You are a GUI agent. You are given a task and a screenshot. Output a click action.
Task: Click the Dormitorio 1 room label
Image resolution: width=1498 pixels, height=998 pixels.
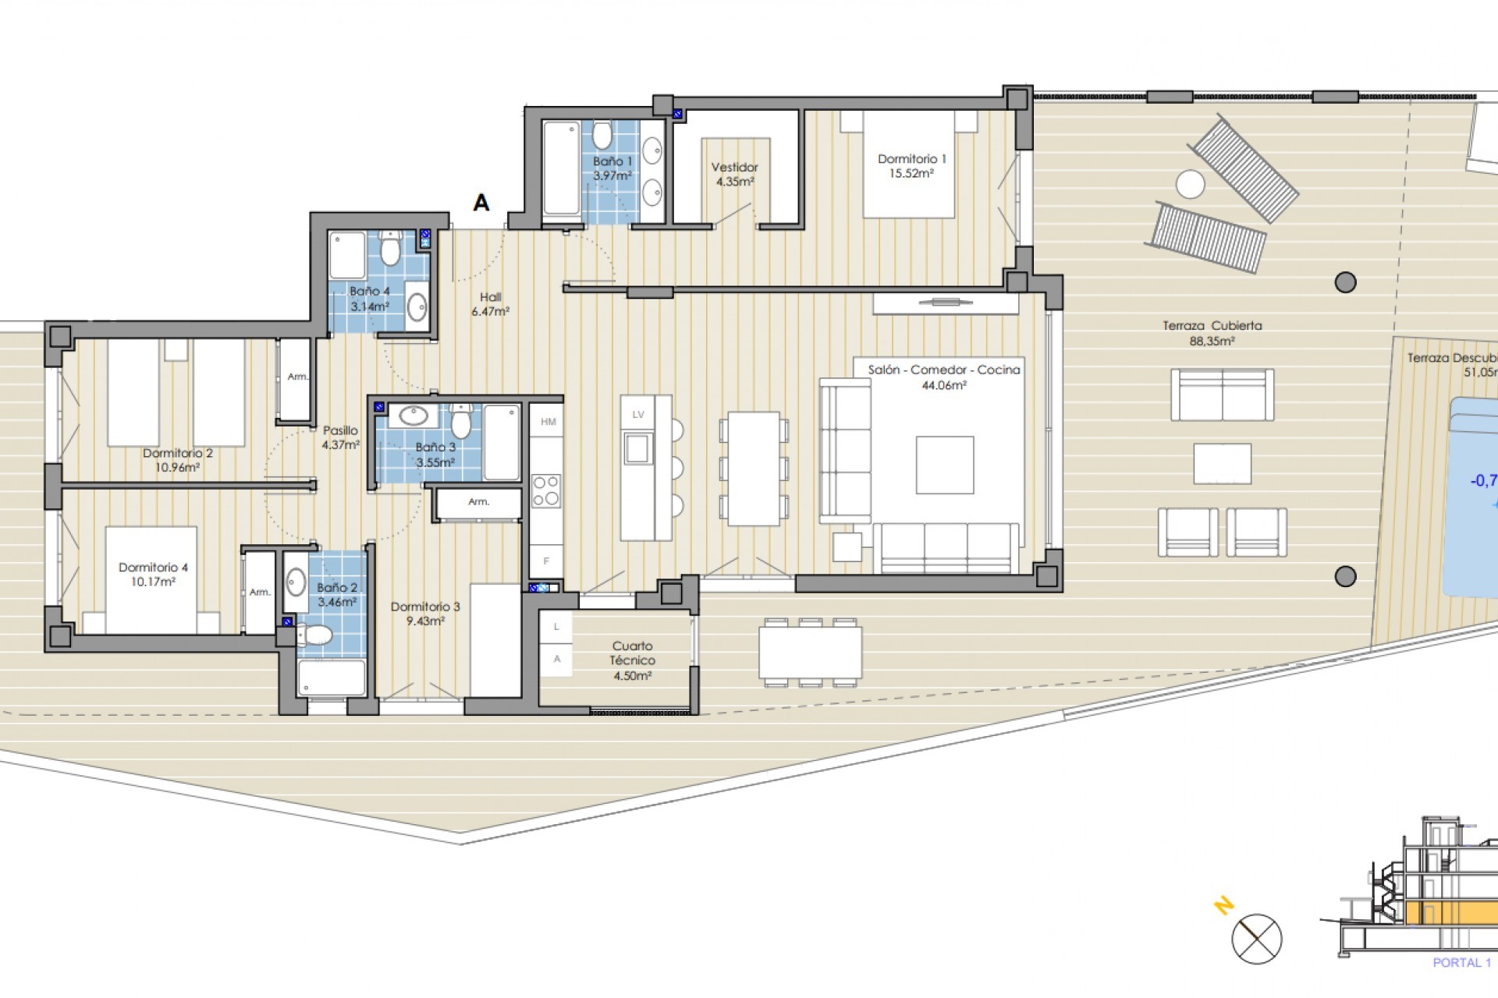(x=911, y=165)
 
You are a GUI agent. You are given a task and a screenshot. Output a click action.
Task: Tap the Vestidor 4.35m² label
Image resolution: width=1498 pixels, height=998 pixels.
(x=734, y=174)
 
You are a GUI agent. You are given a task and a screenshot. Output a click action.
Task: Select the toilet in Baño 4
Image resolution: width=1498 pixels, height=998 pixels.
(x=390, y=249)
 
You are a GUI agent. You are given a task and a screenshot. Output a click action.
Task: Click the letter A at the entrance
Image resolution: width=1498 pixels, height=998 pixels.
(x=481, y=203)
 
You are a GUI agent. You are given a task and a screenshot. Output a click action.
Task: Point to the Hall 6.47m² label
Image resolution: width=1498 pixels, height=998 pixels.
(x=490, y=304)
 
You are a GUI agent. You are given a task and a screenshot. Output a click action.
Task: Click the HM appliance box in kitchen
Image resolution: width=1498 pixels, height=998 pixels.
(x=548, y=422)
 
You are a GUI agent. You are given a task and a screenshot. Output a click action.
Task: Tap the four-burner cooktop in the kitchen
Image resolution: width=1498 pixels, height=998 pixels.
(x=546, y=490)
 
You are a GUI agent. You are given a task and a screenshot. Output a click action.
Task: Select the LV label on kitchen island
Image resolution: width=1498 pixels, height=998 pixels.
(x=638, y=415)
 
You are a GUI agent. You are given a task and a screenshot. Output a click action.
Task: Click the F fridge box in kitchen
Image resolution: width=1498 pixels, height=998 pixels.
(x=547, y=561)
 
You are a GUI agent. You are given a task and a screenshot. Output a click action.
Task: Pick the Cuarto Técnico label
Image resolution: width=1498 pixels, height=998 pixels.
(x=632, y=660)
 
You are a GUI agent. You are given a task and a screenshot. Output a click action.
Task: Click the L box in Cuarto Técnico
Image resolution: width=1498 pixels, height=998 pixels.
(x=557, y=627)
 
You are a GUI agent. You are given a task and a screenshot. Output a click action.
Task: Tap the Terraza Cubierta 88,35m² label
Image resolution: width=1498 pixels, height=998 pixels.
(x=1212, y=333)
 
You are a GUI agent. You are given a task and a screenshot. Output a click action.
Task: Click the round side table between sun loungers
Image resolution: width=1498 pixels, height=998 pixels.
(x=1191, y=185)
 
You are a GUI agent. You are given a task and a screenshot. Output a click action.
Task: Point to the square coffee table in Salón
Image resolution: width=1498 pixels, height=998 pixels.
(x=944, y=465)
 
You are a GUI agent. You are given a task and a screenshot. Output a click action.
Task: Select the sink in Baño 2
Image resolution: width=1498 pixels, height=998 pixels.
(x=296, y=581)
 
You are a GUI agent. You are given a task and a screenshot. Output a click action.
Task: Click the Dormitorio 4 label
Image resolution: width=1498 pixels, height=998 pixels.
(x=153, y=574)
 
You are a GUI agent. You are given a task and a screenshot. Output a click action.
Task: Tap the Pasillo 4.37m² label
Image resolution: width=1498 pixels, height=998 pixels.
(x=340, y=437)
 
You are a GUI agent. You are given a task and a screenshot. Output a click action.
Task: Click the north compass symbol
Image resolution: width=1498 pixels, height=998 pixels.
(x=1257, y=939)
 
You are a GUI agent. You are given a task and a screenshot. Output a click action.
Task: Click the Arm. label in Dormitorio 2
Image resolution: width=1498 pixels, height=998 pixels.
(x=296, y=377)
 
